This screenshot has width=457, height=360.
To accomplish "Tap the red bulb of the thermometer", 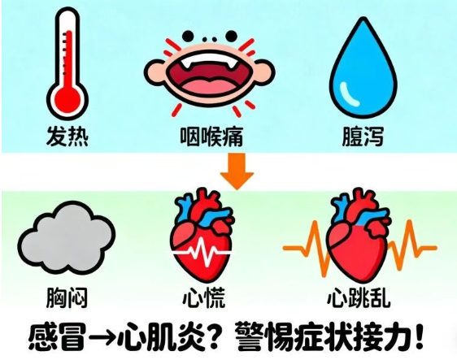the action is [x=67, y=100].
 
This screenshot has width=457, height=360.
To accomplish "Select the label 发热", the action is [x=67, y=136].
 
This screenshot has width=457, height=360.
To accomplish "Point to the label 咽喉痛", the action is [x=211, y=136].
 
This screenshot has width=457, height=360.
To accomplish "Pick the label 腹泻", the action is [x=363, y=136].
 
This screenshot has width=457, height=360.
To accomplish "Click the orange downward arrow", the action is [x=237, y=171].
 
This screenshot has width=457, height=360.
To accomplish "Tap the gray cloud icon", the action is [x=67, y=236].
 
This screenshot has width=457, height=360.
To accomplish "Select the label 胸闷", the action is [x=67, y=297].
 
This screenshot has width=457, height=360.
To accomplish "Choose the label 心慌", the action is [x=204, y=297].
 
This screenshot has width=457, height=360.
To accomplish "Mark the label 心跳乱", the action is [x=359, y=297].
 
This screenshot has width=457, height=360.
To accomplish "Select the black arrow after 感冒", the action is [x=102, y=337].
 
